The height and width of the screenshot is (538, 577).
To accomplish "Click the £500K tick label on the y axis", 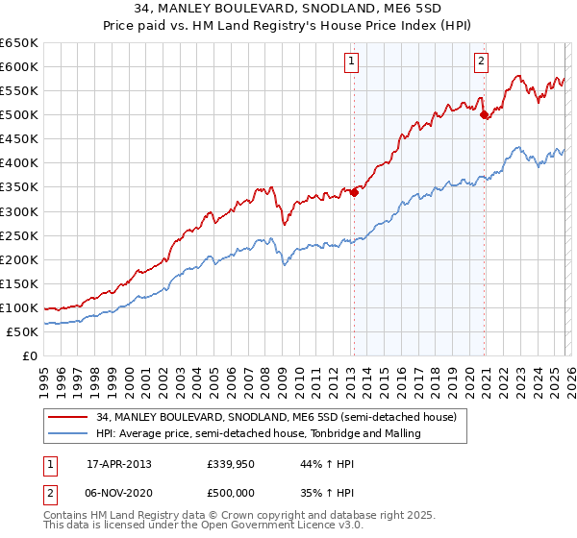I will (19, 115).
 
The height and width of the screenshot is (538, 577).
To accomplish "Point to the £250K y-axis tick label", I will (19, 235).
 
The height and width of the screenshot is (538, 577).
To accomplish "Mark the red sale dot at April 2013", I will (354, 192).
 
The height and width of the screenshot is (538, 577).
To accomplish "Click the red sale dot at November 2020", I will (484, 114).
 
